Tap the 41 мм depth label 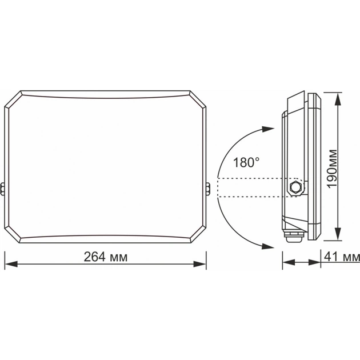tap(342, 257)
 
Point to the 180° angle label tap(246, 163)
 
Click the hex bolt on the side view tap(296, 187)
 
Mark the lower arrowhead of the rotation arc tap(267, 246)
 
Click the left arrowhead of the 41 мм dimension tap(288, 263)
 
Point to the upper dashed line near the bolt tap(251, 179)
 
